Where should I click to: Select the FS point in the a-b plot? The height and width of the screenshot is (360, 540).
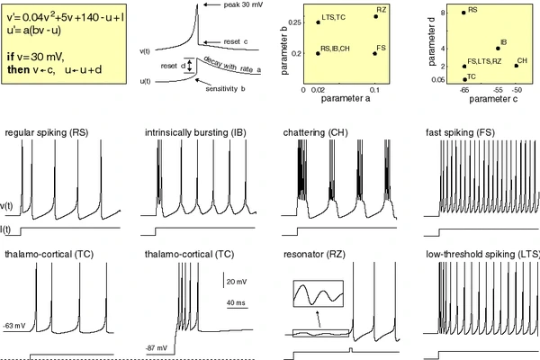pos(375,53)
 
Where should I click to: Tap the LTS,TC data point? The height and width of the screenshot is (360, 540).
pos(318,22)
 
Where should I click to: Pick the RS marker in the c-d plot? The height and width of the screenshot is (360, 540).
pos(463,13)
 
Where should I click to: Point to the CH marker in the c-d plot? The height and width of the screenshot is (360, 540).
pos(516,65)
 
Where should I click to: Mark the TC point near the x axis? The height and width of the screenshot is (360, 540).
pos(463,79)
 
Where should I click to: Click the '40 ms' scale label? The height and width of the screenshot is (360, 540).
pos(236,303)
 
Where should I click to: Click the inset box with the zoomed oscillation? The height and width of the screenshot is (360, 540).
pos(318,295)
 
